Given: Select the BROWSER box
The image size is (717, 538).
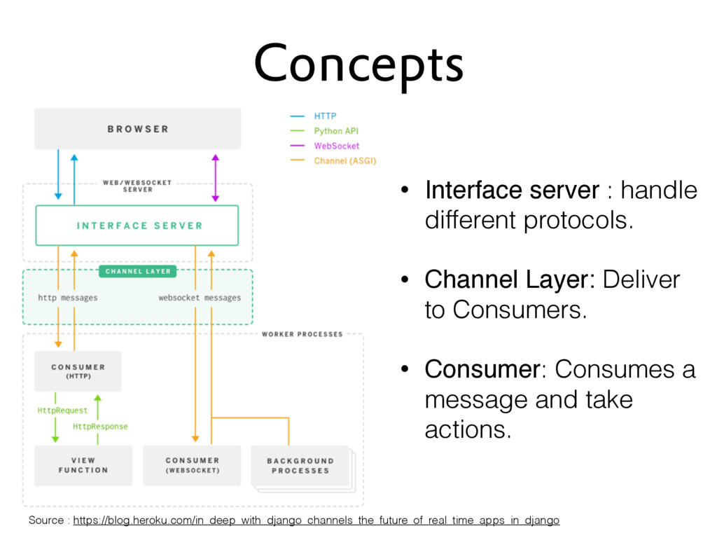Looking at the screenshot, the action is pos(138,129).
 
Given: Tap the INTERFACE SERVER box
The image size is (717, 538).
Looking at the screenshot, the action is pos(137,226).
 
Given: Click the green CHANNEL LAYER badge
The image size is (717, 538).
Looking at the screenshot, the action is pos(138,271).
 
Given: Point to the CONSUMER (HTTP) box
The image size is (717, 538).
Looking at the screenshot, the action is pos(78,371).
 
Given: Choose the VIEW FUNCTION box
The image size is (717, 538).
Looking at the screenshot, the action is pos(83,465).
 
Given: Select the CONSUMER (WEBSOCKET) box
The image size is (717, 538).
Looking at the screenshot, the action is pos(192,465).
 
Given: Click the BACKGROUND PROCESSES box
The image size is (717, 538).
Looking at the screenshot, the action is pos(300,466).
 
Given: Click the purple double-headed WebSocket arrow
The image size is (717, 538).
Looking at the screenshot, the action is pos(216,178).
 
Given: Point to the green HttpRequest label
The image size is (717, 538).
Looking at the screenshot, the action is pos(62,411).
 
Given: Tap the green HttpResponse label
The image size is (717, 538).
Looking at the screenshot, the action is pos(100,427).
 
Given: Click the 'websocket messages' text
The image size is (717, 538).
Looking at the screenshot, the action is pos(200,298).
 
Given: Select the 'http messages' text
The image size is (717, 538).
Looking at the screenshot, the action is pos(68,298).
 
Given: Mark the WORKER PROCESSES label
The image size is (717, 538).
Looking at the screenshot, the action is pos(302,334).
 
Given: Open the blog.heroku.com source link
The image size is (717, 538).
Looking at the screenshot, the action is pos(316,520).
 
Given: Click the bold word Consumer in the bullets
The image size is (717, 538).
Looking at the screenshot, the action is pos(482,369).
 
